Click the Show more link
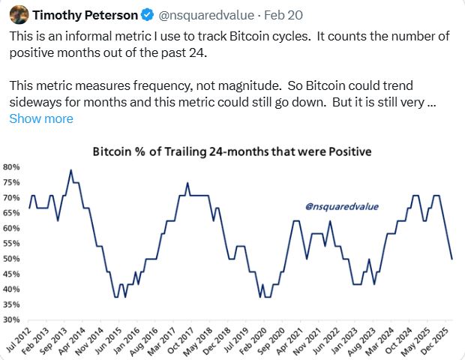41,118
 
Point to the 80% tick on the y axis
12,166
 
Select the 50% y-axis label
12,259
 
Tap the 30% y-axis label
12,320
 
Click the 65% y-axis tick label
12,213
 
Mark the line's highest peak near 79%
70,170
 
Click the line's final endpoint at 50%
451,259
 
